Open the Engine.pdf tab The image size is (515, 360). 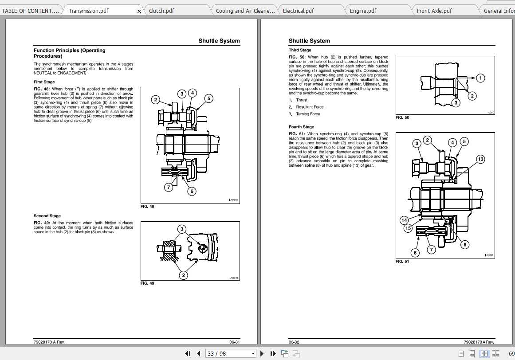[x=363, y=11]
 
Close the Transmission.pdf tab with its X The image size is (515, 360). [x=139, y=11]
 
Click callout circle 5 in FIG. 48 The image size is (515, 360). [x=209, y=98]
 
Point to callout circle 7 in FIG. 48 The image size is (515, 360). [x=169, y=187]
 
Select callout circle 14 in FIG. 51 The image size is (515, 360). [x=404, y=220]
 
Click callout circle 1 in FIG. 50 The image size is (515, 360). [x=480, y=78]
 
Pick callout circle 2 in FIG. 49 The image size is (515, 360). [x=183, y=275]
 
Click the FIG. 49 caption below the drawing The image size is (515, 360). [x=147, y=283]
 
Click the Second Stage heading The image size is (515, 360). [x=47, y=216]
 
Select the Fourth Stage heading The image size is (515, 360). [x=301, y=127]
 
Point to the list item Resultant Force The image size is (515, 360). [x=310, y=107]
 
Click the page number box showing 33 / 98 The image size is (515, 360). [x=230, y=353]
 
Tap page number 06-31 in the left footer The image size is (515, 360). [x=234, y=342]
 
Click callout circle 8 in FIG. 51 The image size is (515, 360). [x=464, y=244]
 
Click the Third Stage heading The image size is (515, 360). [x=300, y=50]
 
